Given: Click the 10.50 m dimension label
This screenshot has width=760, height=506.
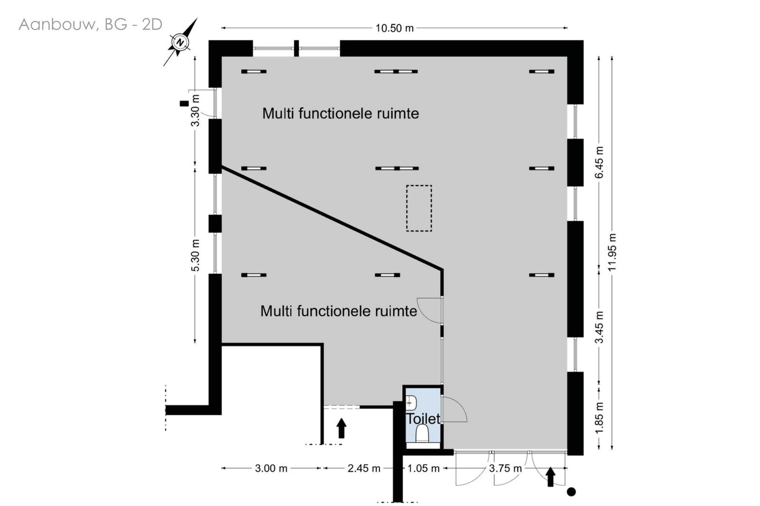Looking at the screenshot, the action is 394,28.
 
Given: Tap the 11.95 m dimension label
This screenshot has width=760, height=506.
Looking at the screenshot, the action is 612,252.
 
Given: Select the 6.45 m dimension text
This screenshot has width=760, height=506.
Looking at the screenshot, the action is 599,162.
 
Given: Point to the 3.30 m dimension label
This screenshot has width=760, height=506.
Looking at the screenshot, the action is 195,110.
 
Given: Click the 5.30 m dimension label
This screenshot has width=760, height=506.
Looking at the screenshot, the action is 195,255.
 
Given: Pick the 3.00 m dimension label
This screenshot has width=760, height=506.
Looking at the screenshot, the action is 271,469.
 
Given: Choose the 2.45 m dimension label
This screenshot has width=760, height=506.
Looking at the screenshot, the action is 364,469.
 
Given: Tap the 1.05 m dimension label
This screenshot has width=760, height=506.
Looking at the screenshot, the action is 423,469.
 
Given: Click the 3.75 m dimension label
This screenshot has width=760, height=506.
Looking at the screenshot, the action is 505,469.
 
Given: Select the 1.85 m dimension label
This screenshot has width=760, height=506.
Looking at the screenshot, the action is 599,418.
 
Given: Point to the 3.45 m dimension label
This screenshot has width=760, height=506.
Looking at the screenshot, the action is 599,327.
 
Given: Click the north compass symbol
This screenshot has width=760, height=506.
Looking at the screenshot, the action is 180,42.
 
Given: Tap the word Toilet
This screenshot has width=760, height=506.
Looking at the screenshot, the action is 423,419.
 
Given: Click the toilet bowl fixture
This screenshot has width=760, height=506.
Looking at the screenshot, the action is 422,434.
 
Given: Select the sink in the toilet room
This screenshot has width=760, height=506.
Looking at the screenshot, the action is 411,403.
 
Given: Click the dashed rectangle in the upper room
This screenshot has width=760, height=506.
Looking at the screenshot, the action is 419,208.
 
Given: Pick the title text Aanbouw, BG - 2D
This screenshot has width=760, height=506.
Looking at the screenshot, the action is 90,25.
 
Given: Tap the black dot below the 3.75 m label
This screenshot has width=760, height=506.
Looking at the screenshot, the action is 571,492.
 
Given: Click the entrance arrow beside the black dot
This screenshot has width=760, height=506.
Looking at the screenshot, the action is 551,477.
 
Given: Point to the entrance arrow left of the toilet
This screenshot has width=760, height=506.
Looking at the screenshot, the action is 342,428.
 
